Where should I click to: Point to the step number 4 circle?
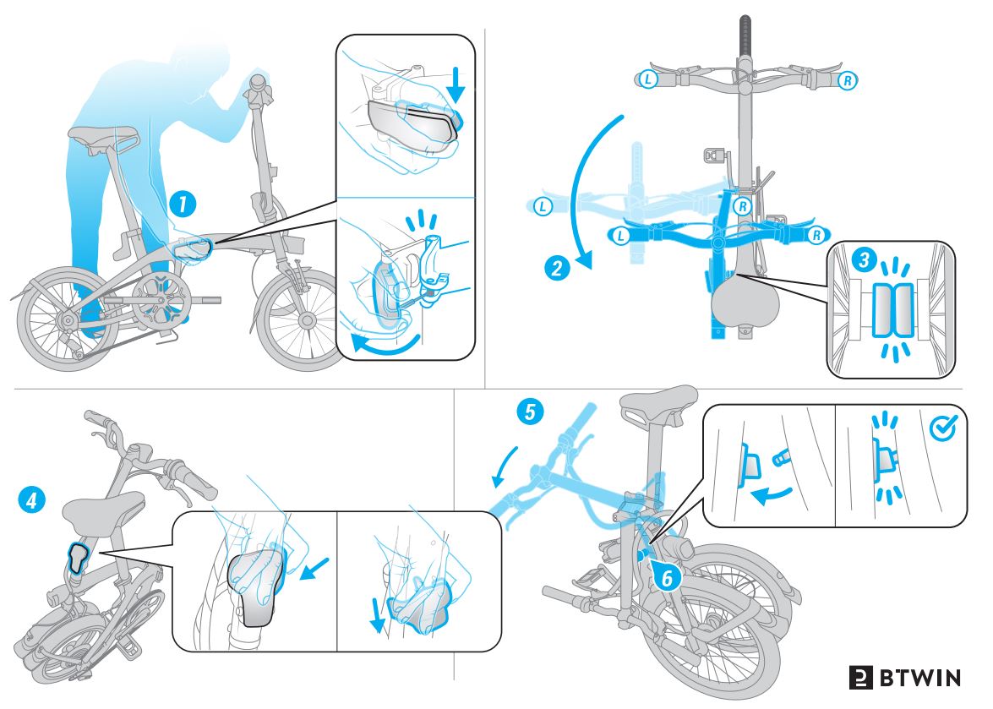30,500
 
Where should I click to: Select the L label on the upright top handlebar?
647,79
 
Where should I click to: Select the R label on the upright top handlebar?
847,80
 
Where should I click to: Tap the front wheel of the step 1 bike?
300,320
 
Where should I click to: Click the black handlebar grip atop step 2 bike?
745,34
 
